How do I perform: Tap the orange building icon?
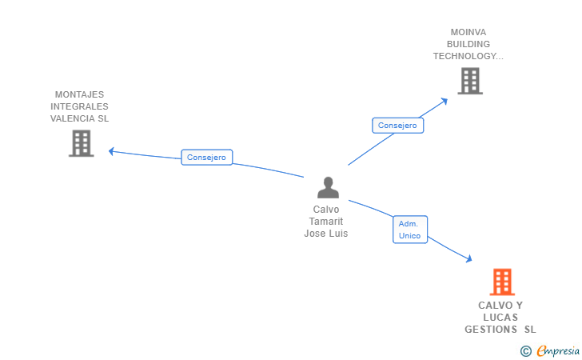click(501, 282)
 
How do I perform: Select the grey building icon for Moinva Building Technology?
click(469, 81)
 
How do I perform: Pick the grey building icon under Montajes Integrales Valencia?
click(81, 143)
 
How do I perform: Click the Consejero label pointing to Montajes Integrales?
click(206, 158)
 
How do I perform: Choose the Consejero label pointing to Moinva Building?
click(397, 125)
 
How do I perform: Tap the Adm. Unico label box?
click(411, 230)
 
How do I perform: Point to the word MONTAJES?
click(79, 94)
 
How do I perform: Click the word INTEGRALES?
click(79, 106)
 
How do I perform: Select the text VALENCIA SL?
click(79, 118)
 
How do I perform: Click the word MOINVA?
click(468, 32)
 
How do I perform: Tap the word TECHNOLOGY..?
click(468, 56)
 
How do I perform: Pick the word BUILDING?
click(468, 44)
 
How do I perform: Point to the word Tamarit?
click(326, 222)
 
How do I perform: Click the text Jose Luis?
click(326, 234)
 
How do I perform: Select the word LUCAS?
click(500, 318)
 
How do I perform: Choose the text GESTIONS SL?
click(500, 330)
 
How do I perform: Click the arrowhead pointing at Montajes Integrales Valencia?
click(112, 150)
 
